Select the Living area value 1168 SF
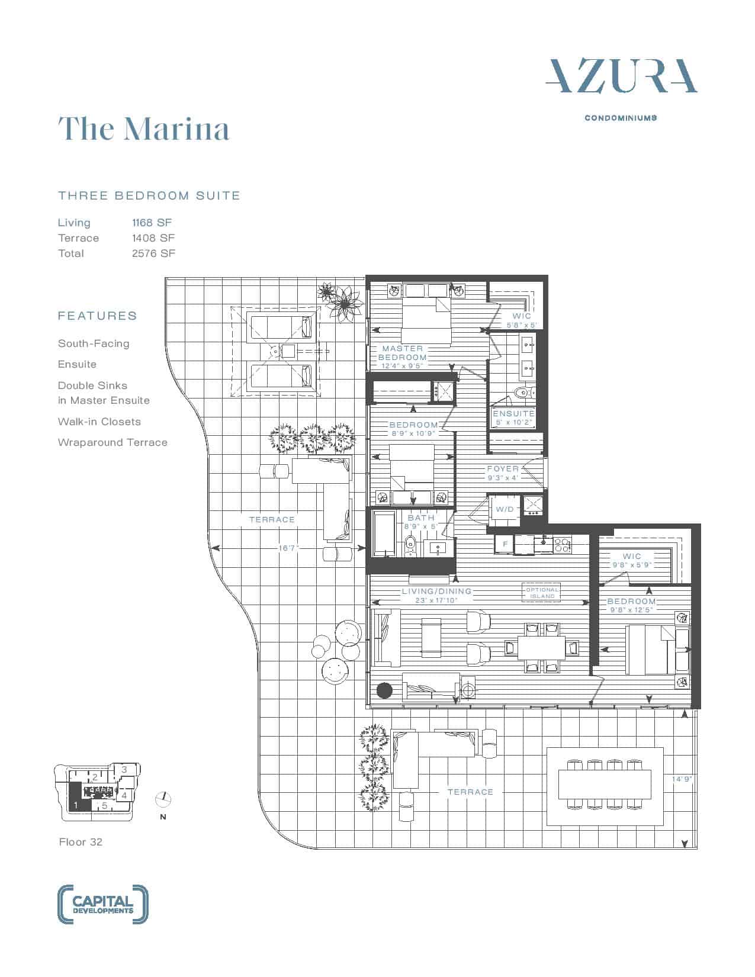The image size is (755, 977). point(152,223)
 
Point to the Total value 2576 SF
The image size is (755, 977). point(153,253)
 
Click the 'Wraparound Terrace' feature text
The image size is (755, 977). point(113,442)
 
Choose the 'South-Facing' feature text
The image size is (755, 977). point(94,343)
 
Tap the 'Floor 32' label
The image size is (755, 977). point(81,841)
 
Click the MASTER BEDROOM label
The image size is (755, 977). point(403,353)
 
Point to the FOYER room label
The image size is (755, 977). point(503,468)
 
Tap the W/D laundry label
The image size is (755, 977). point(505,509)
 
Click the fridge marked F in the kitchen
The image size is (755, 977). point(505,544)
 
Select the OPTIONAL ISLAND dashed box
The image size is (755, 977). point(542,593)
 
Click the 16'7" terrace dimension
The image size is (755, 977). point(288,548)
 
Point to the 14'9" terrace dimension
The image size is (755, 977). point(681,779)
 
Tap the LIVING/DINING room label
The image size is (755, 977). point(436,592)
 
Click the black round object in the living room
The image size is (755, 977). point(384,690)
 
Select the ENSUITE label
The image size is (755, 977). point(513,413)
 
